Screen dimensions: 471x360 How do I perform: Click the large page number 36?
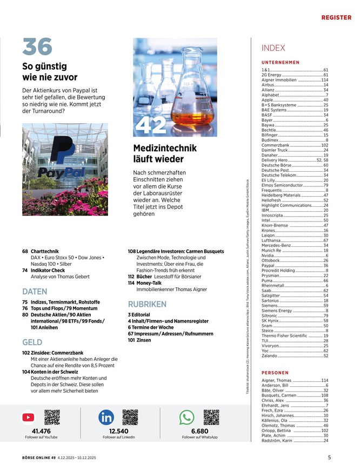point(37,46)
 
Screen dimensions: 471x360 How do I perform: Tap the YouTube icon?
point(29,417)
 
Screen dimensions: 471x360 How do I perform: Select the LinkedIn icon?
point(106,417)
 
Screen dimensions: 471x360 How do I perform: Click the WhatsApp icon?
point(187,417)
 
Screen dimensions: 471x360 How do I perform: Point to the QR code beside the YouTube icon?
point(52,417)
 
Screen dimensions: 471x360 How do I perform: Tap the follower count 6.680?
point(199,431)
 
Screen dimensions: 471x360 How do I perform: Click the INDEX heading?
point(273,48)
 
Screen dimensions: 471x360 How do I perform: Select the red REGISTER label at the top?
point(336,18)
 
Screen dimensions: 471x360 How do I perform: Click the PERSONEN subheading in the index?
point(275,373)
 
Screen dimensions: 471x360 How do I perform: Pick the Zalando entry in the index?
point(270,355)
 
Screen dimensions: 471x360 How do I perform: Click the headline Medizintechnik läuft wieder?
point(165,153)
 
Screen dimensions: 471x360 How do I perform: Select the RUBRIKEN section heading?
point(147,305)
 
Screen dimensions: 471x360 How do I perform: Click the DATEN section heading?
point(35,291)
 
